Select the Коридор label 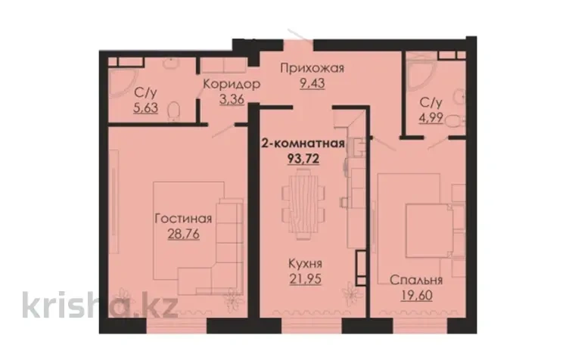point(231,84)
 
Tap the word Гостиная point(183,219)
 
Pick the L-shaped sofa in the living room point(220,241)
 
